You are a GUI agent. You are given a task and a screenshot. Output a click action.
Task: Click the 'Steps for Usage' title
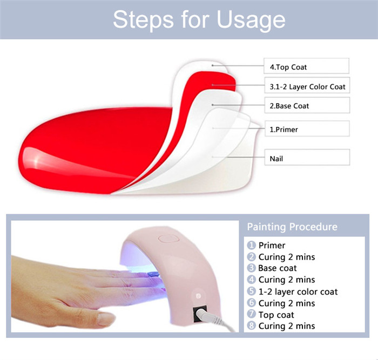point(199,20)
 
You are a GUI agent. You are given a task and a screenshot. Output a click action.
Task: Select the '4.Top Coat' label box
point(306,66)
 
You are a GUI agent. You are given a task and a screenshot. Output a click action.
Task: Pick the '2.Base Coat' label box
point(307,105)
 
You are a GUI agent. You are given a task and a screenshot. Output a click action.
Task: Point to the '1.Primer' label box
point(307,128)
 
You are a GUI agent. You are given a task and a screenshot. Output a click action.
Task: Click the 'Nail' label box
point(307,158)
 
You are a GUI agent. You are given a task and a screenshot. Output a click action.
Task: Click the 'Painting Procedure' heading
point(292,227)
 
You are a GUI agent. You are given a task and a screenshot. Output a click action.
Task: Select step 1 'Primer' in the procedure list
point(272,245)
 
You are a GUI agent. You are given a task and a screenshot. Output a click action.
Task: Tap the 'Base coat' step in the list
point(277,268)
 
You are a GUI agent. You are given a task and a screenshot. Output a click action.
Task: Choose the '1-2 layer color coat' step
point(298,291)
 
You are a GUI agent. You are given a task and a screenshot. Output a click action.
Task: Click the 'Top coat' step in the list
point(276,315)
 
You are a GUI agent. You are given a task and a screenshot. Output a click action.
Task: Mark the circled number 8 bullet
point(252,325)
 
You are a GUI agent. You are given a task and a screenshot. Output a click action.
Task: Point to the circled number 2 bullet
point(252,256)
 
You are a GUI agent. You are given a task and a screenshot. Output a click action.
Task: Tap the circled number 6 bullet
point(252,303)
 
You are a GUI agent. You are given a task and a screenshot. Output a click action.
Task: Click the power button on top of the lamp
point(168,239)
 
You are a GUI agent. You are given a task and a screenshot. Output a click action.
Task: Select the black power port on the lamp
point(200,314)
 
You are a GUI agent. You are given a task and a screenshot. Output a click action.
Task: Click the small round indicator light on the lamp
point(198,296)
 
